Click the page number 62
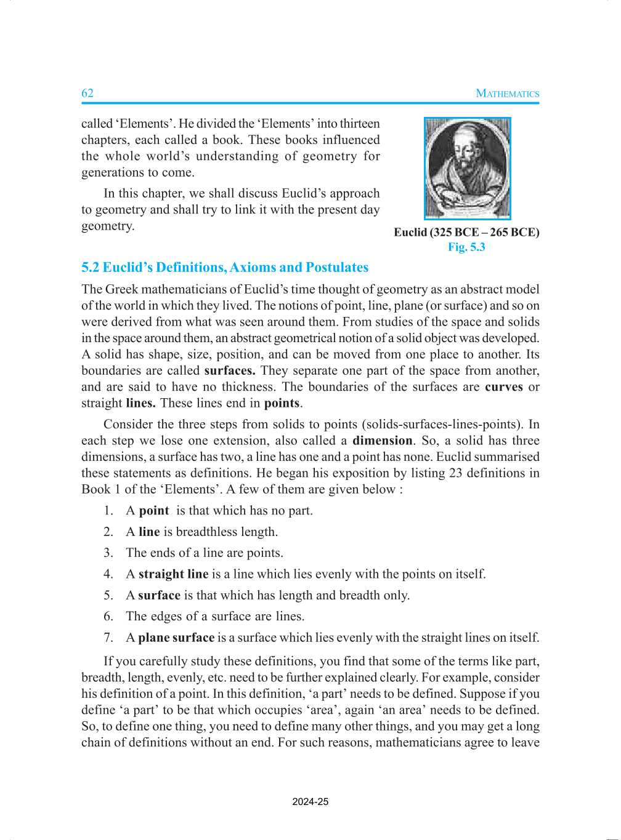click(x=87, y=93)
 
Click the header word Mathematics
click(x=508, y=94)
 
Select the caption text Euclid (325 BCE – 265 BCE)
click(x=466, y=233)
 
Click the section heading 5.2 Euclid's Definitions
click(x=225, y=268)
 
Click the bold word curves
click(x=503, y=387)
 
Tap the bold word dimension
click(x=382, y=441)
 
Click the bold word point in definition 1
click(x=153, y=511)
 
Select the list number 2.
click(x=108, y=532)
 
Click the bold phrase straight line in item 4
click(x=173, y=574)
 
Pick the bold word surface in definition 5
click(x=159, y=595)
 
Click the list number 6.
click(x=108, y=616)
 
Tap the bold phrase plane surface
click(x=176, y=638)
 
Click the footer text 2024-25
click(x=310, y=802)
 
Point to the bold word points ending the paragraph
click(x=282, y=404)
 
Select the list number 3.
click(x=108, y=553)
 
